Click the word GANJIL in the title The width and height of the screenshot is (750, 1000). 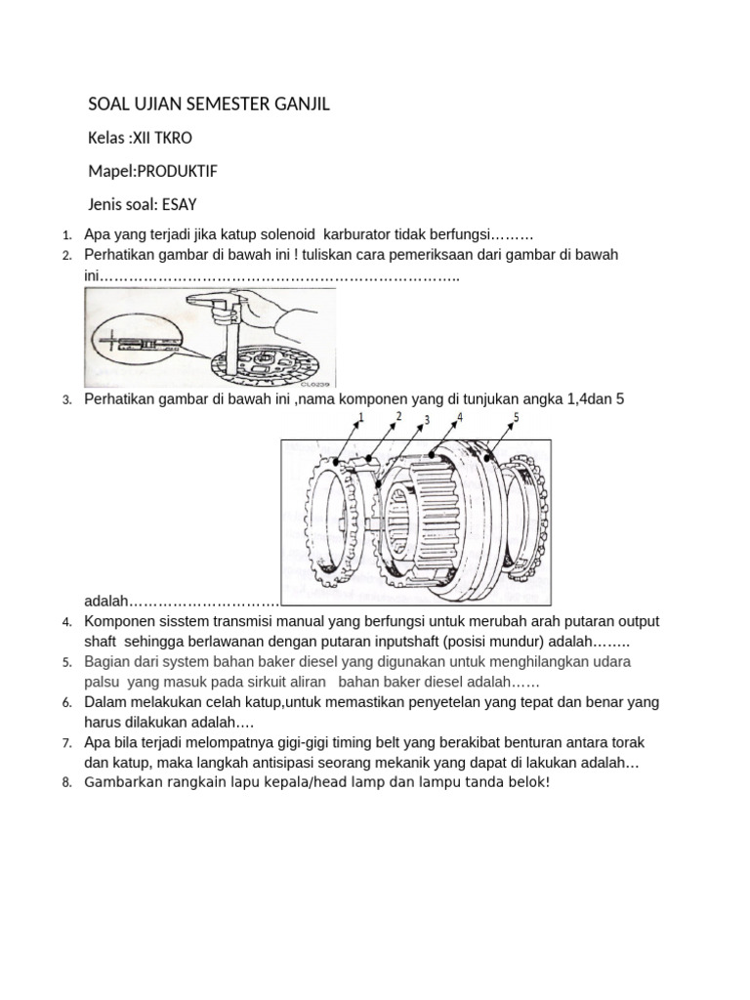coord(299,104)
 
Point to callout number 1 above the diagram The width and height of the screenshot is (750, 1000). coord(360,418)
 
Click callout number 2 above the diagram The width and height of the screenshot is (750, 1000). coord(398,417)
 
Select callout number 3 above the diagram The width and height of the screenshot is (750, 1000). coord(427,421)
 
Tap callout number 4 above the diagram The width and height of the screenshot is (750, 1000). coord(459,417)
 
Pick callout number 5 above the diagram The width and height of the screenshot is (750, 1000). coord(516,417)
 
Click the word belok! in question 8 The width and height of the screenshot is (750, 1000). coord(528,783)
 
